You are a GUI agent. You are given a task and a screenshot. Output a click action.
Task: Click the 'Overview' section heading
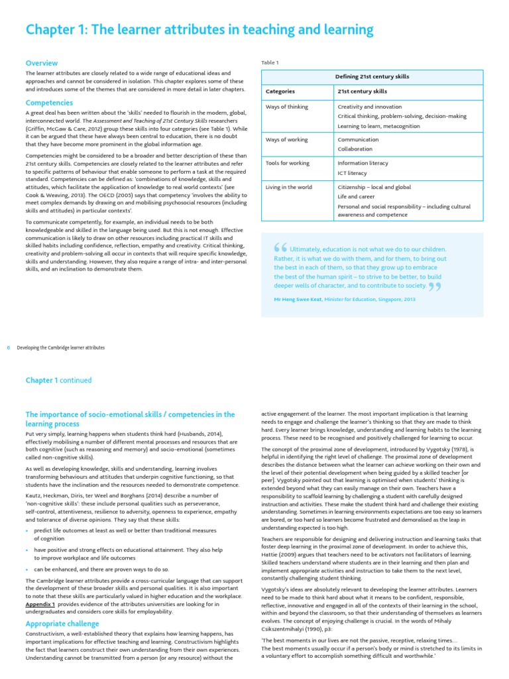tap(42, 63)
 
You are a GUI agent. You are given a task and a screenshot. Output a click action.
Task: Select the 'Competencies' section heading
tap(49, 103)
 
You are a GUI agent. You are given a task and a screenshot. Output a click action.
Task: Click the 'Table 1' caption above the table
tap(270, 62)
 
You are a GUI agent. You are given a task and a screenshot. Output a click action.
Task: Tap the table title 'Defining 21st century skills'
tap(372, 77)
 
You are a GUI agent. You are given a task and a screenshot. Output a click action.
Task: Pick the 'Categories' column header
tap(280, 92)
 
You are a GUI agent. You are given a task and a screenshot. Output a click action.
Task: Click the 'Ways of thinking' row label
tap(287, 107)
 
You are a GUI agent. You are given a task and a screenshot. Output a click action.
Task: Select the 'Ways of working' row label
tap(287, 140)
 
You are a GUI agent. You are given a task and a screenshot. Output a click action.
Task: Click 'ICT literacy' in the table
tap(353, 173)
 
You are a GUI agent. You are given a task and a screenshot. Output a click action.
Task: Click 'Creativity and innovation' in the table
tap(370, 107)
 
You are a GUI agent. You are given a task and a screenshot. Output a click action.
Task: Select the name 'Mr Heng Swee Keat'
tap(298, 299)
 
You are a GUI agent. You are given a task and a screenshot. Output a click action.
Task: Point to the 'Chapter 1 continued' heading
tap(58, 381)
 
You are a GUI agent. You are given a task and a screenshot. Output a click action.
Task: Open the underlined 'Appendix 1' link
tap(40, 605)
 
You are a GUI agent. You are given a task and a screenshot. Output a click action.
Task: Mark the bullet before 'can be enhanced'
tap(27, 570)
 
